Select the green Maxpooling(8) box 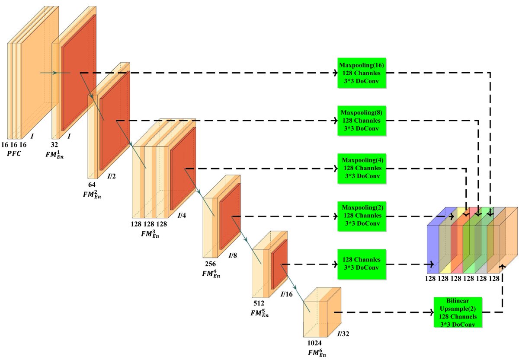pyautogui.click(x=362, y=121)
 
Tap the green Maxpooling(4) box pyautogui.click(x=362, y=168)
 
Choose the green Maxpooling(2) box pyautogui.click(x=362, y=215)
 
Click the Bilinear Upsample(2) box pyautogui.click(x=458, y=312)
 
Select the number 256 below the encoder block pyautogui.click(x=210, y=263)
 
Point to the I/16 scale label pyautogui.click(x=287, y=294)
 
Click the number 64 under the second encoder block pyautogui.click(x=92, y=185)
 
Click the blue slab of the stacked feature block pyautogui.click(x=432, y=246)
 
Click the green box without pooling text pyautogui.click(x=362, y=264)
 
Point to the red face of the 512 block pyautogui.click(x=279, y=264)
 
